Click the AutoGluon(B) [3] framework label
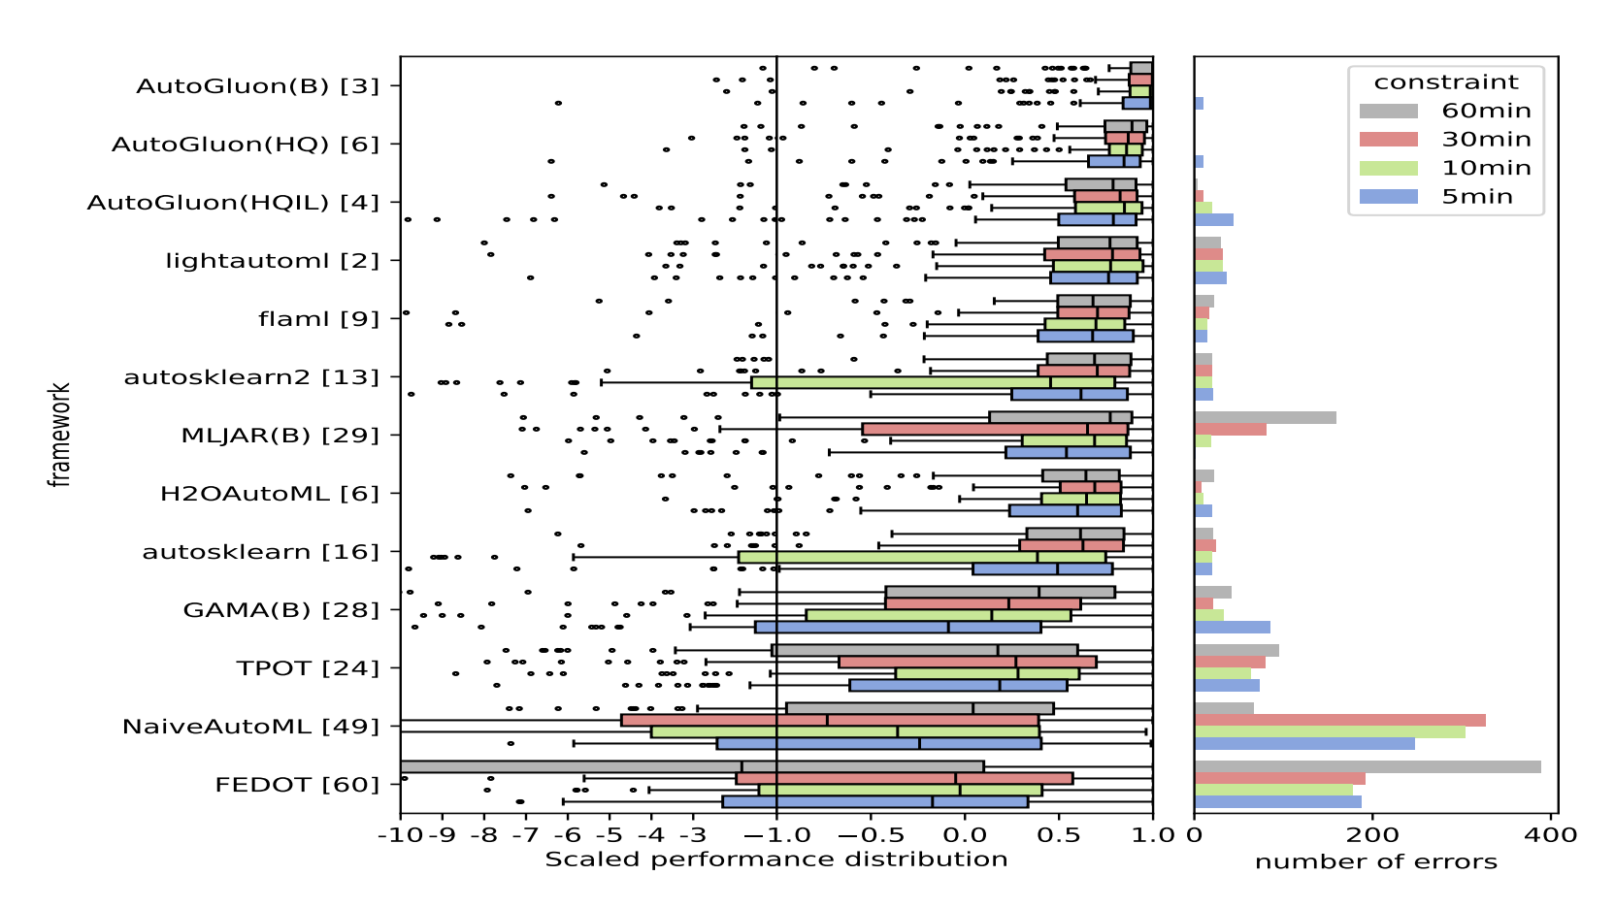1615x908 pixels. pos(257,86)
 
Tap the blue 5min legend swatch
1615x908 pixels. pos(1388,197)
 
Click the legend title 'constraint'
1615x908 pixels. pos(1446,82)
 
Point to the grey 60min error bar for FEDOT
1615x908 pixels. pos(1367,767)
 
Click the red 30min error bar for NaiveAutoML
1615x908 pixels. pos(1339,721)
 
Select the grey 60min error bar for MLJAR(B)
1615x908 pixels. pos(1265,418)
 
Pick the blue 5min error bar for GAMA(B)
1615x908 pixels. pos(1232,628)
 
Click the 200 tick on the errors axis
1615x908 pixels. pos(1372,835)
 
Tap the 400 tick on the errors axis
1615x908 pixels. pos(1551,835)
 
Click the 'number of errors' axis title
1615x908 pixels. pos(1375,862)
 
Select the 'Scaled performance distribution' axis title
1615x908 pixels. pos(775,859)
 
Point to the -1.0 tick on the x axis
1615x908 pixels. pos(775,835)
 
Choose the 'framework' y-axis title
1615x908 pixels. pos(60,435)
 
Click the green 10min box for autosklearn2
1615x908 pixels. pos(932,383)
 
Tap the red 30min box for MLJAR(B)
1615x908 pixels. pos(995,430)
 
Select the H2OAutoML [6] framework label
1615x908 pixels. pos(270,494)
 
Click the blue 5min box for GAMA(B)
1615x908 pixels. pos(898,628)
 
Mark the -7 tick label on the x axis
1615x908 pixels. pos(525,835)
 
